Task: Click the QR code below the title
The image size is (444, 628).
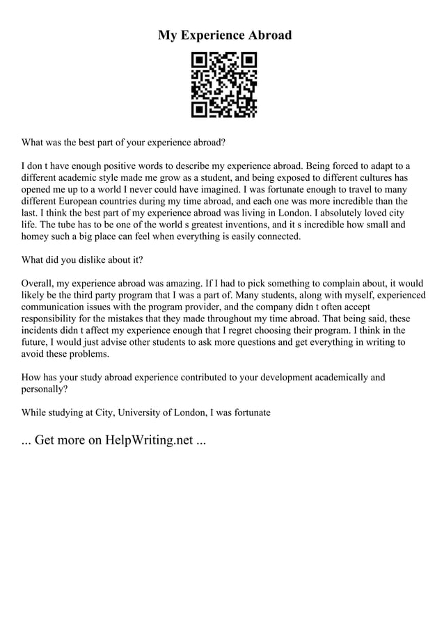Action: coord(224,84)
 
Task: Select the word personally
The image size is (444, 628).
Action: coord(45,389)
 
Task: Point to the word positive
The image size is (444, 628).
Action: coord(116,166)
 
